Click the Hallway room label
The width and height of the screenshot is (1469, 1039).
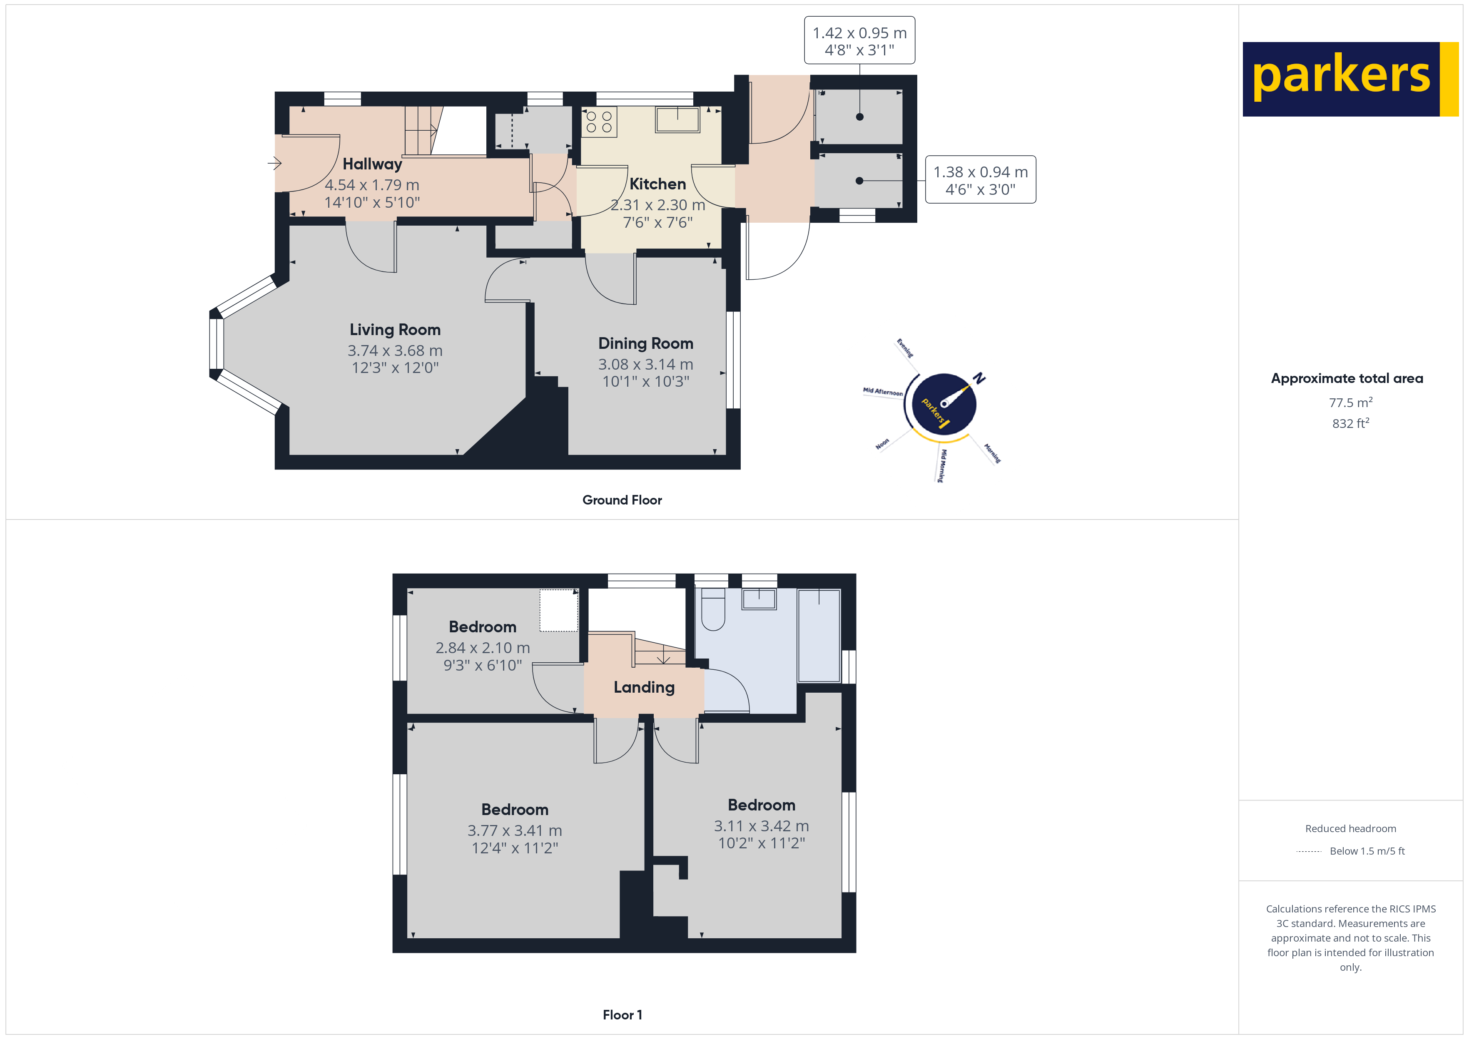pyautogui.click(x=372, y=164)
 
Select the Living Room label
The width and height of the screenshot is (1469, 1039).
pyautogui.click(x=395, y=330)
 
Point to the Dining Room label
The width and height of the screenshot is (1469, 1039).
pyautogui.click(x=645, y=343)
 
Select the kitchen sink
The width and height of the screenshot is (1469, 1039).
pyautogui.click(x=677, y=119)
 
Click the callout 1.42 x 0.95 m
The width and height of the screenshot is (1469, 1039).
pyautogui.click(x=859, y=33)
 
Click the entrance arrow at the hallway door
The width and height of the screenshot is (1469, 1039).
pyautogui.click(x=274, y=163)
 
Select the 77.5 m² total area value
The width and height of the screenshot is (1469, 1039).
pyautogui.click(x=1350, y=403)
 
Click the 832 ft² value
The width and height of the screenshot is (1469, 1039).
pyautogui.click(x=1350, y=423)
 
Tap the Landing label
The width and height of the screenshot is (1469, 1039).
pyautogui.click(x=644, y=687)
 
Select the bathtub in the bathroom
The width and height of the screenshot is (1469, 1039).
pyautogui.click(x=819, y=635)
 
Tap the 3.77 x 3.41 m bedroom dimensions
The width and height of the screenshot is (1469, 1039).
pyautogui.click(x=514, y=830)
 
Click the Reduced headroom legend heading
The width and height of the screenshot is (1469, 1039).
pyautogui.click(x=1350, y=828)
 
